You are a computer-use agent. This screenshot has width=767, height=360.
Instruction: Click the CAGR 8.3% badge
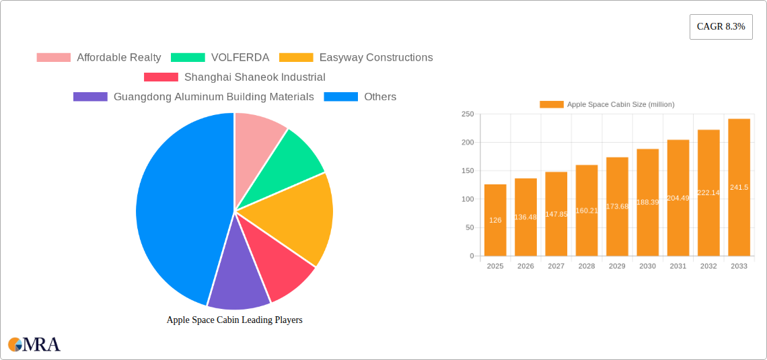(x=721, y=26)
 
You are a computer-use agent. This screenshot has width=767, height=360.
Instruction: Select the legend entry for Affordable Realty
(x=99, y=58)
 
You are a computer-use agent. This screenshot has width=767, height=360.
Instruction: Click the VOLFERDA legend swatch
(x=188, y=58)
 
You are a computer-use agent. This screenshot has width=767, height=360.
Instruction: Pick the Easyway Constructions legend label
(x=375, y=58)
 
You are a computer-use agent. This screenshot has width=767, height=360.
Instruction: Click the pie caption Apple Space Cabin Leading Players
(x=234, y=320)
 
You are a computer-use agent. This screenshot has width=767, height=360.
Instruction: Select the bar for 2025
(x=495, y=220)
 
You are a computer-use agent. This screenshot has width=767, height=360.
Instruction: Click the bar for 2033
(x=739, y=188)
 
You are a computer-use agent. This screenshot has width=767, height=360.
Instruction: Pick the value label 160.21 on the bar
(x=587, y=211)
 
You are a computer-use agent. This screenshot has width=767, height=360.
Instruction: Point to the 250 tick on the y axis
(x=467, y=114)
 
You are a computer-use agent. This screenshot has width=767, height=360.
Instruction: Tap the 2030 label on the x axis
(x=647, y=266)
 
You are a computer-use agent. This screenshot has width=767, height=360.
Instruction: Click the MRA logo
(x=34, y=345)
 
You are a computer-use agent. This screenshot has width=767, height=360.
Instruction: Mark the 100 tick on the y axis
(x=467, y=199)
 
